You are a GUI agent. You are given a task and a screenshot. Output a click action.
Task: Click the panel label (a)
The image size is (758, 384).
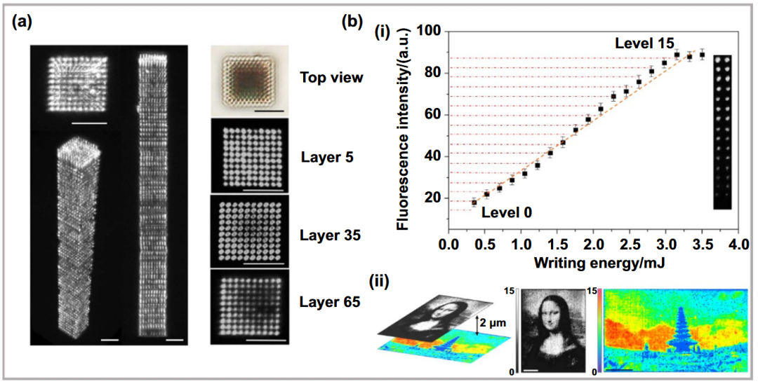coord(22,23)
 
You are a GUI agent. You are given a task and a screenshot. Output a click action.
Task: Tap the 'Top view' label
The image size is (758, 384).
coord(331,77)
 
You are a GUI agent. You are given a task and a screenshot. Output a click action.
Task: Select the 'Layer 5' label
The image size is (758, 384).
coord(327,157)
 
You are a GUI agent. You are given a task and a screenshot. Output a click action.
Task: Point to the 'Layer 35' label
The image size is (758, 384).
coord(331,237)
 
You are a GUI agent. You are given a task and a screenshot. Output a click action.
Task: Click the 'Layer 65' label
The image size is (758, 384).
coord(331,303)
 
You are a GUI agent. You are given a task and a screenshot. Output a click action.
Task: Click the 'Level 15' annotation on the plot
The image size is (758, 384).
coord(644,43)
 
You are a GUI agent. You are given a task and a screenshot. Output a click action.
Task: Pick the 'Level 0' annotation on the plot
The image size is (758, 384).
coord(507,212)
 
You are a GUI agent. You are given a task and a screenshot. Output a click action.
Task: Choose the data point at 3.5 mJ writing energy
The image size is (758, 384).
coord(702,55)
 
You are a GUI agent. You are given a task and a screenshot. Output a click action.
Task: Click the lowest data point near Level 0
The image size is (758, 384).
coord(474,203)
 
